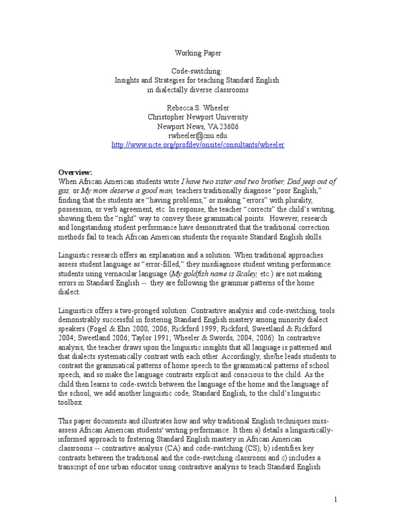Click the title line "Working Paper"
[198, 53]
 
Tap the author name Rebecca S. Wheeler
[198, 108]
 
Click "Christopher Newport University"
[198, 117]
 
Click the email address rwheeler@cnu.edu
[198, 136]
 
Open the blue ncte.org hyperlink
[198, 145]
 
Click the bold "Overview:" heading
[74, 172]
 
